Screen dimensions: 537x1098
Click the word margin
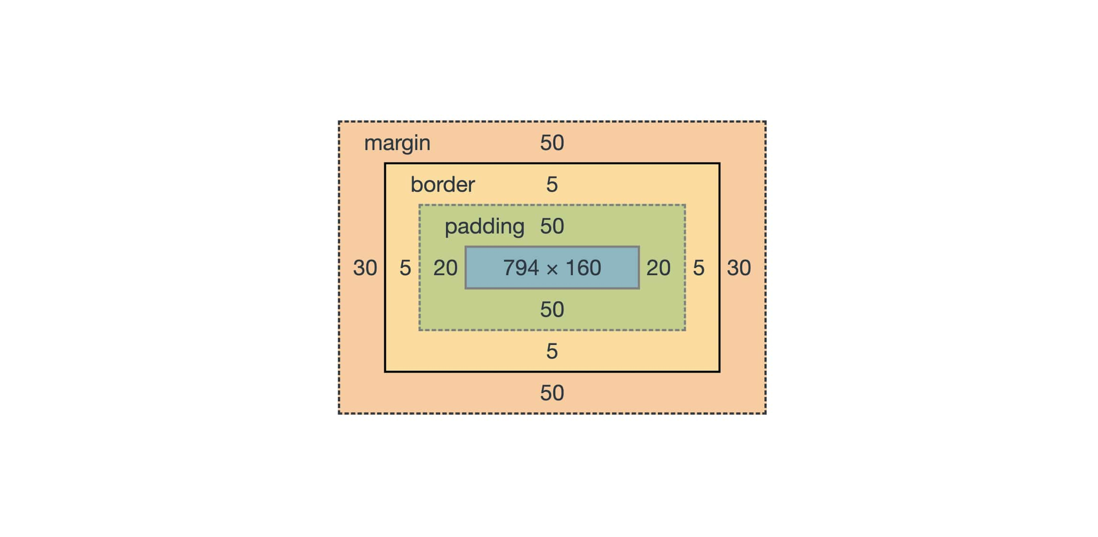point(397,143)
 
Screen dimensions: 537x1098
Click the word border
point(442,184)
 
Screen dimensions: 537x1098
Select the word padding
point(484,226)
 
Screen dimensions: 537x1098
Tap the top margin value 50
point(552,143)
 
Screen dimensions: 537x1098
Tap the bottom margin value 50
point(552,393)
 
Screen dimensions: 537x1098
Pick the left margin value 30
point(365,268)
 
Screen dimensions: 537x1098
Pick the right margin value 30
point(739,268)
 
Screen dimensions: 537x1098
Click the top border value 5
point(552,184)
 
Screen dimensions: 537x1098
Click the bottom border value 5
point(552,351)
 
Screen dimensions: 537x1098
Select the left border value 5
point(405,268)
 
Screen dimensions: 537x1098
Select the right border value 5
point(698,268)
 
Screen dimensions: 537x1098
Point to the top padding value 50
point(552,226)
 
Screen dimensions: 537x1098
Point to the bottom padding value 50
point(552,310)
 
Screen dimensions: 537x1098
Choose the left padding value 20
point(445,268)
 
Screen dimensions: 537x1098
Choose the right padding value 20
point(658,268)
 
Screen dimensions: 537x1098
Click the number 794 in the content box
point(521,268)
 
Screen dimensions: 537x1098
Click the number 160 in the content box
point(583,268)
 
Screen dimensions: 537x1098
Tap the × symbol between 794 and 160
point(552,269)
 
